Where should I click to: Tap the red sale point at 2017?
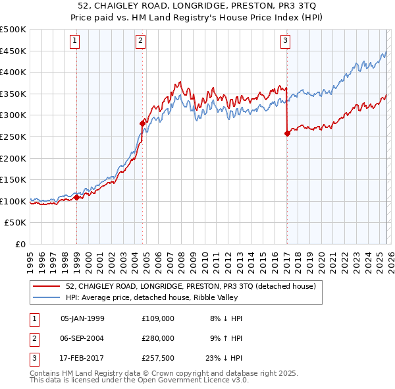(x=287, y=133)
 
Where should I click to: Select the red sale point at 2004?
(x=142, y=123)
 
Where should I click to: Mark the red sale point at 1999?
(x=76, y=197)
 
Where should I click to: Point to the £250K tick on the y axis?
(x=13, y=136)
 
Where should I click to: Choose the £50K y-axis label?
(x=16, y=223)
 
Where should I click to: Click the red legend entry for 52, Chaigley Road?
(x=191, y=286)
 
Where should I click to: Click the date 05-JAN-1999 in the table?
(x=82, y=318)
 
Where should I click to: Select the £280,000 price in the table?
(x=157, y=338)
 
